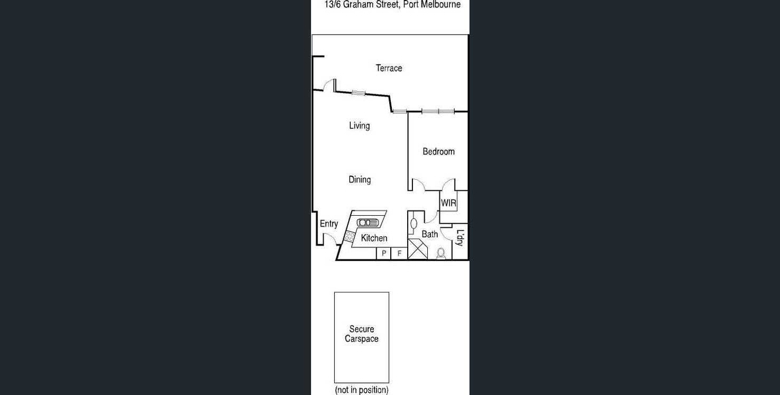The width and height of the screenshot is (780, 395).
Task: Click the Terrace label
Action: tap(389, 68)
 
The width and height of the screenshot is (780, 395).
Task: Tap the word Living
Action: tap(359, 126)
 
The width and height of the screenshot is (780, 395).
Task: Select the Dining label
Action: tap(360, 180)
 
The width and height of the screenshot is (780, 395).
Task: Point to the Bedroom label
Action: tap(438, 151)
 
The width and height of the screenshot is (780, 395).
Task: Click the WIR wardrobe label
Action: tap(448, 203)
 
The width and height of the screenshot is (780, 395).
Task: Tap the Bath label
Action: tap(429, 234)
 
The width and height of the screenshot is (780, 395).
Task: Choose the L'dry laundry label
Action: tap(460, 237)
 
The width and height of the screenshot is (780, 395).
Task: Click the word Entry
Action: tap(328, 224)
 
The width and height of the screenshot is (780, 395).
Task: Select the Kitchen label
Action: tap(374, 238)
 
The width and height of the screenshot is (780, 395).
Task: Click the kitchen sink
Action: tap(368, 223)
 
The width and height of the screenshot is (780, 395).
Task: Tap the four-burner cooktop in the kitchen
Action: tap(349, 237)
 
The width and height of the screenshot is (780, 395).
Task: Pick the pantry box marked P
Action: tap(384, 254)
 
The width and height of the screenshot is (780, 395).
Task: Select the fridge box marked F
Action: tap(399, 254)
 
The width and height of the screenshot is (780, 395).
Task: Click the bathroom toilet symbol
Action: tap(441, 254)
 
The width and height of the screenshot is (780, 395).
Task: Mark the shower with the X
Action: tap(418, 249)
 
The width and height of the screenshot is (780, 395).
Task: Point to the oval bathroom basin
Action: tap(414, 223)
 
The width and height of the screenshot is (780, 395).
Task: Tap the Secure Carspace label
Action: tap(362, 334)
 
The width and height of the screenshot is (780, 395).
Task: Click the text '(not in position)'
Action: tap(362, 390)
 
